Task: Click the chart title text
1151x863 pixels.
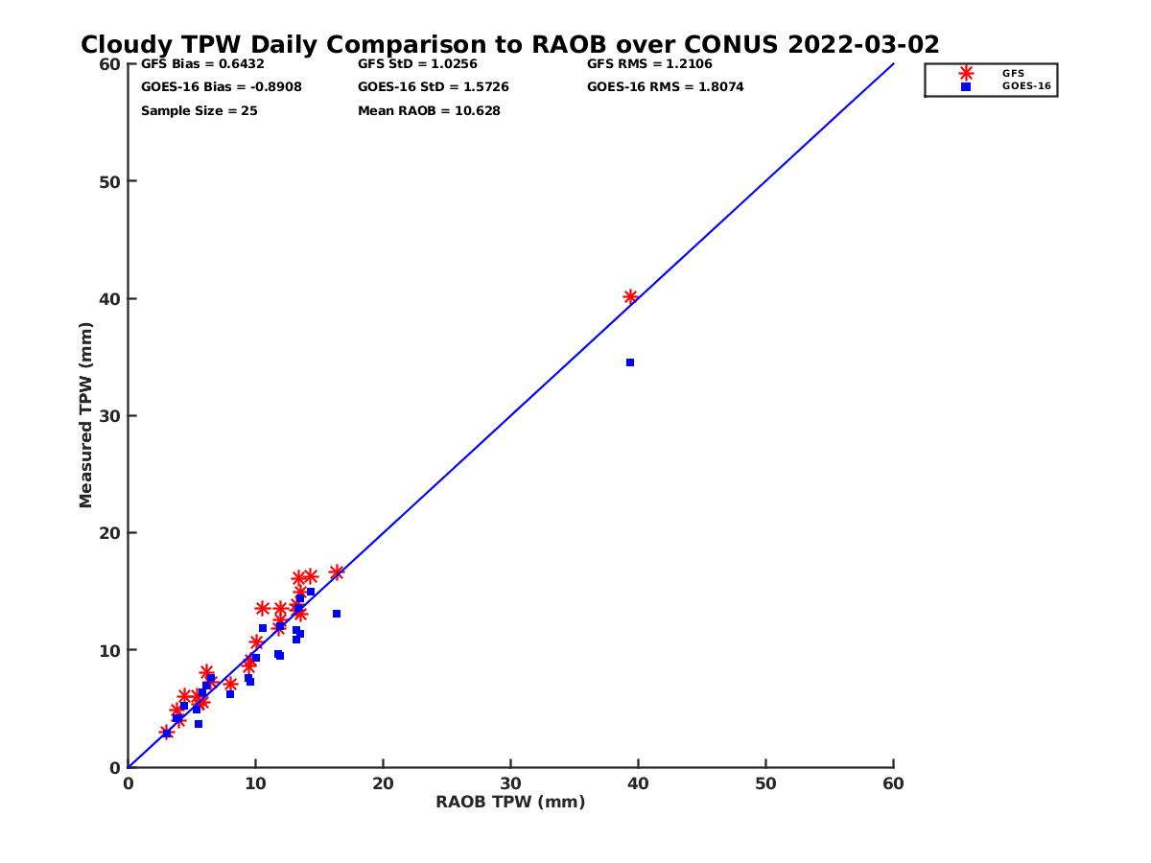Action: tap(509, 45)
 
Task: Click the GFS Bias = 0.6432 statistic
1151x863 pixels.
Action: tap(202, 64)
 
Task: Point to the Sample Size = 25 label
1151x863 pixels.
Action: tap(200, 111)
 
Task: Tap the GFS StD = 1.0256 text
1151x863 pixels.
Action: tap(417, 64)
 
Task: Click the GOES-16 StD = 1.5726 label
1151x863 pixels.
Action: tap(434, 87)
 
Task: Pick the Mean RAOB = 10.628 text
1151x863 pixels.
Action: tap(429, 111)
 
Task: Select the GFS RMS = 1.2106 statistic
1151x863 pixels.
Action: tap(649, 64)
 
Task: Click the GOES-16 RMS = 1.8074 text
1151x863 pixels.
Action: tap(666, 87)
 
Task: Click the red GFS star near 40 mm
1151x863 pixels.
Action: tap(630, 297)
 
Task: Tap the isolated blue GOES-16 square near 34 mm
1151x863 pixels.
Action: tap(630, 362)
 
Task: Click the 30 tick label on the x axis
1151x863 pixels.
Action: tap(510, 783)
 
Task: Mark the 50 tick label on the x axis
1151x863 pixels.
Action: tap(765, 783)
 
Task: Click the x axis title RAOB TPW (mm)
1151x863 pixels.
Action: tap(510, 802)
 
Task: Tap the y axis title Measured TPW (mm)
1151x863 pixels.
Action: tap(86, 415)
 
